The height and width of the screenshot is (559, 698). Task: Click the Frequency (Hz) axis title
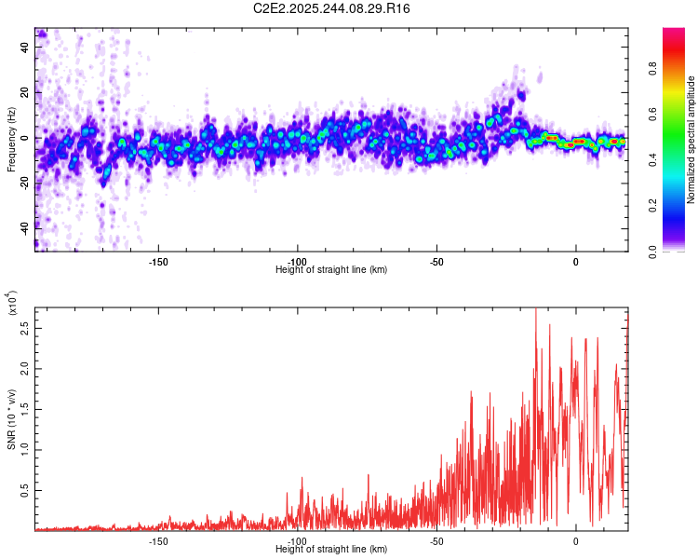coord(10,138)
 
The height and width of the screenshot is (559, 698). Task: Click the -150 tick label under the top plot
coord(157,260)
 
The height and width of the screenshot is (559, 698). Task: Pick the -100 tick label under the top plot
coord(297,260)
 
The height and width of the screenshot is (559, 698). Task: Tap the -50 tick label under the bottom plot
coord(436,540)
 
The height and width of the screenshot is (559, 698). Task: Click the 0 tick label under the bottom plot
coord(576,540)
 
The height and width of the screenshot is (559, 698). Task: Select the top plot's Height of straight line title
coord(331,269)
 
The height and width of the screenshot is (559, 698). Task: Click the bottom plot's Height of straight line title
coord(331,550)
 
